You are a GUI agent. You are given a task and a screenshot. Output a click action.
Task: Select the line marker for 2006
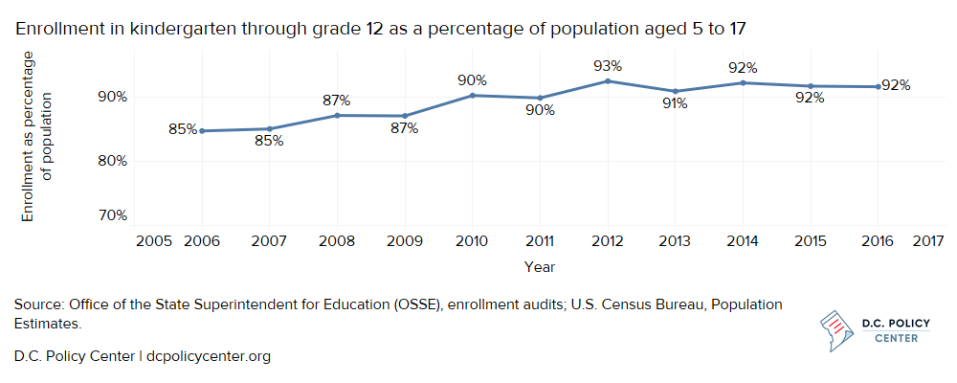point(201,131)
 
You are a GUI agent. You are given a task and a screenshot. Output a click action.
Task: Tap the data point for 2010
point(472,95)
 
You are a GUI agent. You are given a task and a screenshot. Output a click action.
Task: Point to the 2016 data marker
point(878,87)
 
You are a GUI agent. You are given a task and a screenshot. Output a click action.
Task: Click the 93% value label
point(608,66)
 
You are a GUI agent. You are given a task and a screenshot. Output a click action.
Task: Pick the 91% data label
point(675,103)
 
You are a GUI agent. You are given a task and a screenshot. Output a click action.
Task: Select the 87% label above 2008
point(336,100)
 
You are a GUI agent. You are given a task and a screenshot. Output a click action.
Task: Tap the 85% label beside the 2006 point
point(183,128)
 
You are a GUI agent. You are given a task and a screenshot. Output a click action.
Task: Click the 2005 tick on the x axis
point(153,239)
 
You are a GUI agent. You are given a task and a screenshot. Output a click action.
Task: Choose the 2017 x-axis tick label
point(930,239)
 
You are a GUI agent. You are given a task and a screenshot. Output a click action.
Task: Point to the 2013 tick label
point(675,239)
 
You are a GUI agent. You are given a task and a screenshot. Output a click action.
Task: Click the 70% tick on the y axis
point(112,215)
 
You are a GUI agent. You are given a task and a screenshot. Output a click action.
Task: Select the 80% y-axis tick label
point(112,161)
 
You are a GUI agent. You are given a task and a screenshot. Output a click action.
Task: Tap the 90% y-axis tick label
point(112,97)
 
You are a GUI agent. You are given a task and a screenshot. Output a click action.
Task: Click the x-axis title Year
point(540,267)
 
